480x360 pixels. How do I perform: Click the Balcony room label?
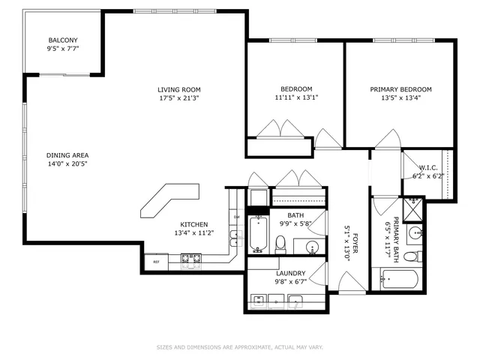tap(63, 40)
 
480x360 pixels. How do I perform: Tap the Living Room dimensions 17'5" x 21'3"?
tap(178, 98)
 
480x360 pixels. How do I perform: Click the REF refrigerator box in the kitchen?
tap(157, 262)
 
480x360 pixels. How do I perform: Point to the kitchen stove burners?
tap(191, 261)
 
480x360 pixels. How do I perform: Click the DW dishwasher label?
tap(236, 217)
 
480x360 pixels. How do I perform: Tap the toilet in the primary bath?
tap(410, 256)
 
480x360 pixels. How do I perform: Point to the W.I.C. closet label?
tap(428, 167)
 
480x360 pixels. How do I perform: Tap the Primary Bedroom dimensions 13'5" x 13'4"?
tap(400, 98)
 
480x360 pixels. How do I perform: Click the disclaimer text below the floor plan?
tap(239, 347)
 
